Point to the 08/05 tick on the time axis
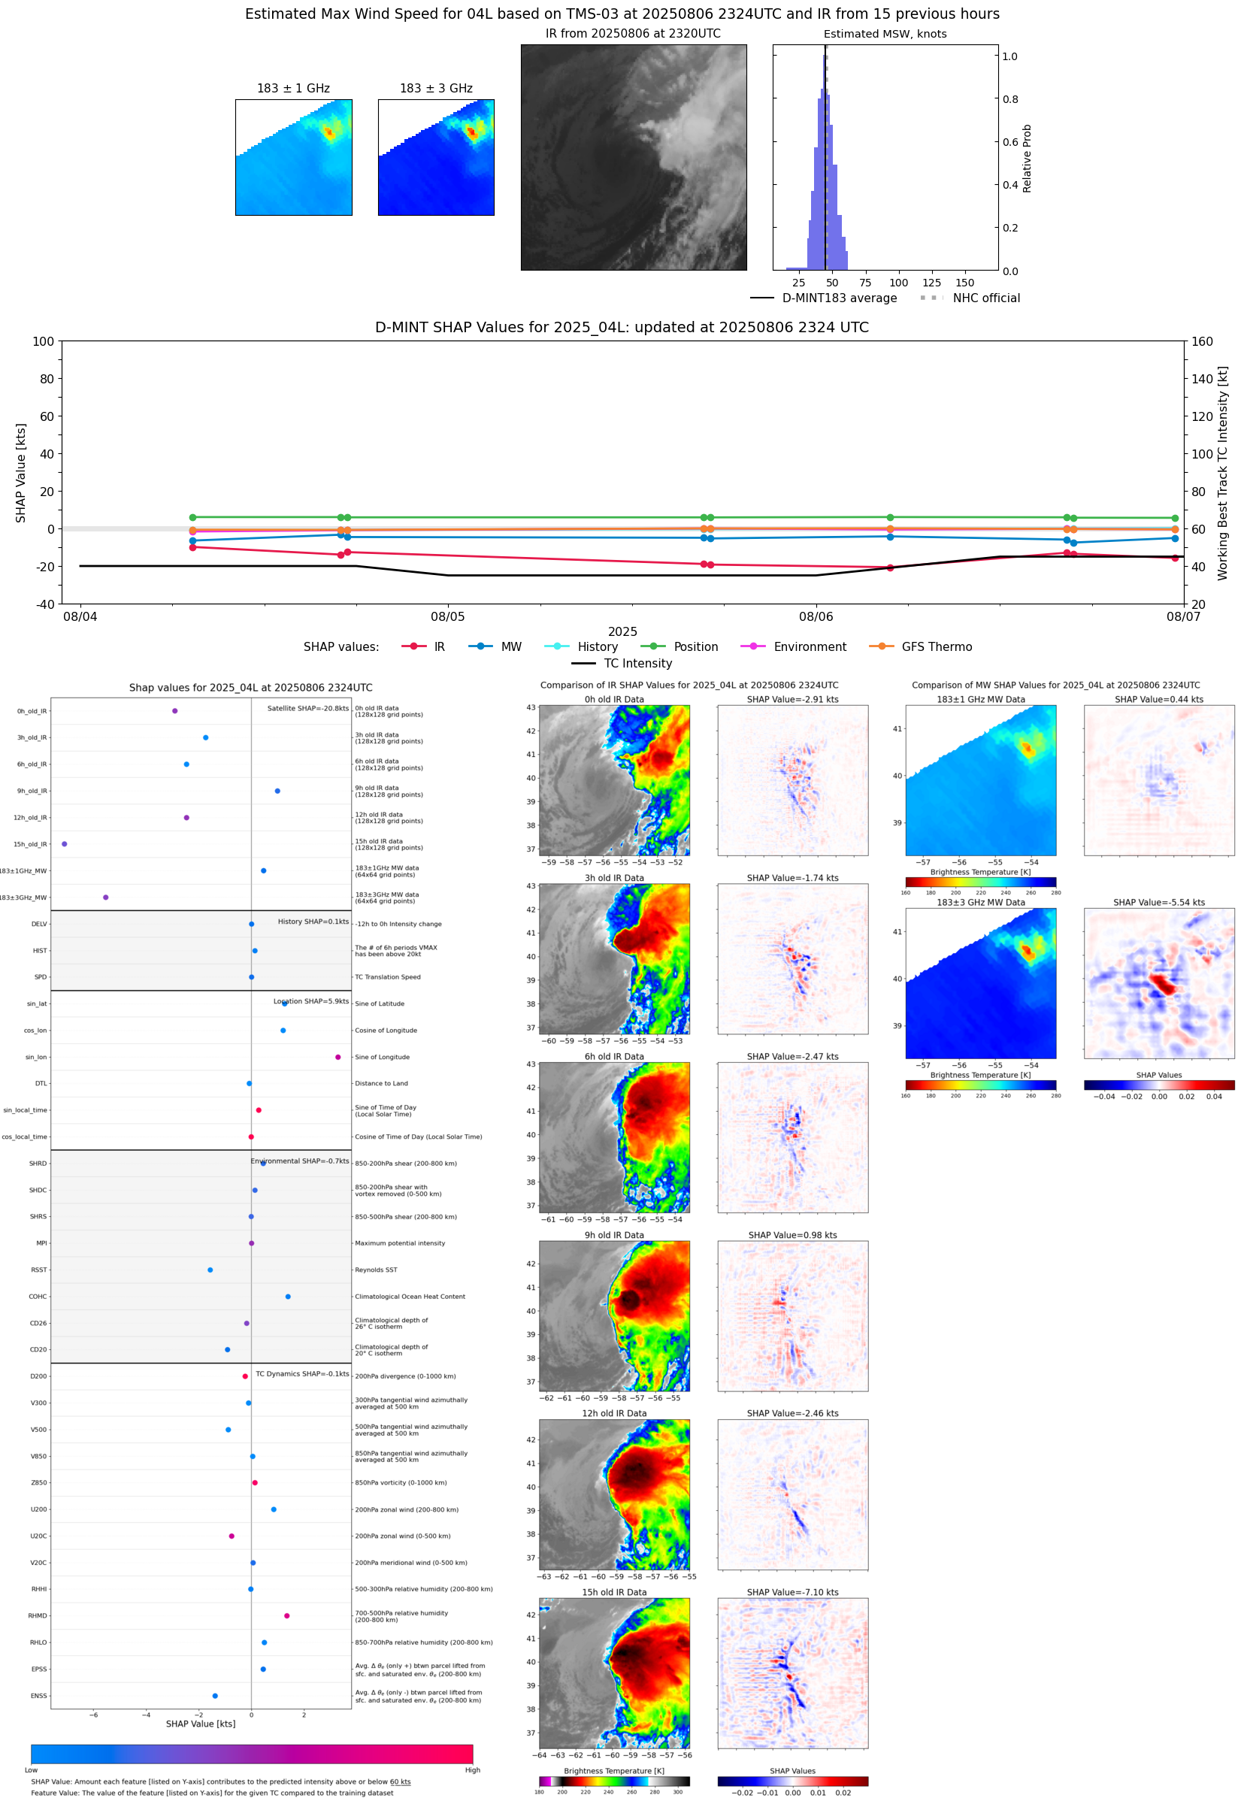click(x=447, y=616)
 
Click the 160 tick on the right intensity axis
click(x=1202, y=341)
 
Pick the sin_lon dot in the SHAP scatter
click(x=337, y=1057)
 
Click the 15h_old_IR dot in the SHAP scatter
click(x=64, y=844)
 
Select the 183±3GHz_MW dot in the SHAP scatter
click(x=105, y=897)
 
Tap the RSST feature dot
click(x=210, y=1270)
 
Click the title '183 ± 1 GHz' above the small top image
click(x=293, y=89)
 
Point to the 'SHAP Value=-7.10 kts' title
click(x=792, y=1592)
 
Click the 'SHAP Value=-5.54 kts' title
click(x=1158, y=903)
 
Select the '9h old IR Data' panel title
click(x=614, y=1235)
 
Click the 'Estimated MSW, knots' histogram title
click(x=885, y=35)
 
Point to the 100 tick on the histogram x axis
click(x=898, y=283)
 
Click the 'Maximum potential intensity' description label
click(x=400, y=1243)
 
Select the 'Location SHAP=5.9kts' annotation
click(x=311, y=1001)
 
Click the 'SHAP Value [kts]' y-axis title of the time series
click(x=21, y=472)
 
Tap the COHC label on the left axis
click(x=38, y=1297)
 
